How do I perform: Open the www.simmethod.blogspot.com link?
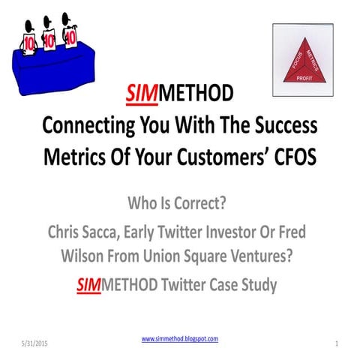coord(180,339)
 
